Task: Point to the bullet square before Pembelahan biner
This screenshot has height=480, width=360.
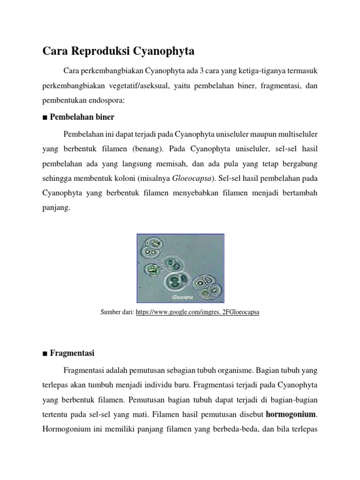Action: tap(45, 117)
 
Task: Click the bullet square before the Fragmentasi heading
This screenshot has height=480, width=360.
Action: tap(45, 353)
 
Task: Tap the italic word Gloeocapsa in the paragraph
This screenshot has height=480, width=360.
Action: tap(192, 178)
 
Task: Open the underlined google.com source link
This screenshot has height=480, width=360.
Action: tap(197, 312)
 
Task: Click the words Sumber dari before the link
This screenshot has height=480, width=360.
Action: tap(117, 312)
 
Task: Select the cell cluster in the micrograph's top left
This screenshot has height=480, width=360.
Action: tap(153, 248)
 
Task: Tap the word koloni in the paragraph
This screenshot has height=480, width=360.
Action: tap(140, 179)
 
